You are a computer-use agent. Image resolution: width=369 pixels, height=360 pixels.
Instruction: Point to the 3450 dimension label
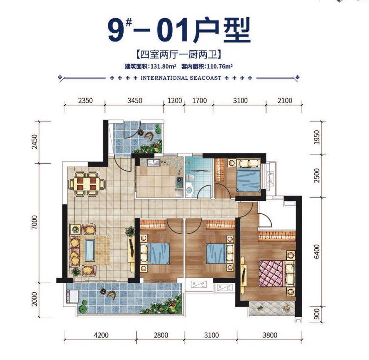[134, 100]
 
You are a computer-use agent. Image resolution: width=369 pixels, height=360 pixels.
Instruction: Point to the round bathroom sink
[189, 191]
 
